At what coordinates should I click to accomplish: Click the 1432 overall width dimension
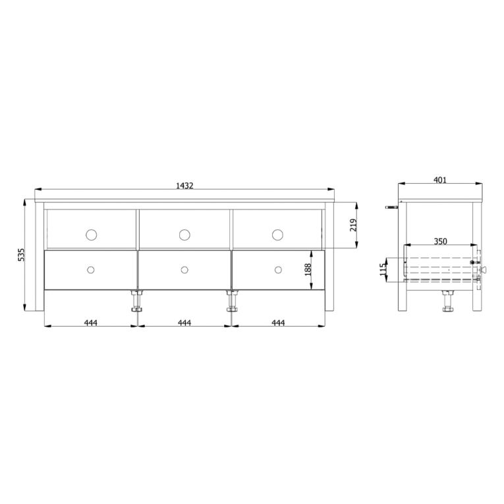[x=184, y=186]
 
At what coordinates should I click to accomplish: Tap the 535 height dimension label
[x=21, y=254]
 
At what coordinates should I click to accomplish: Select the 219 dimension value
[x=353, y=225]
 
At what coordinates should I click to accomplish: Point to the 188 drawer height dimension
[x=308, y=269]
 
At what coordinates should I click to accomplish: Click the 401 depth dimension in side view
[x=440, y=180]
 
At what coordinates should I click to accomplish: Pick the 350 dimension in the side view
[x=440, y=241]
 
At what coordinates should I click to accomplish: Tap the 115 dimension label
[x=383, y=269]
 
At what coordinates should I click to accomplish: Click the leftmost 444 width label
[x=91, y=322]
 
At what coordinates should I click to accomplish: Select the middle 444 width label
[x=184, y=322]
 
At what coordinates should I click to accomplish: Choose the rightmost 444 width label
[x=278, y=322]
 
